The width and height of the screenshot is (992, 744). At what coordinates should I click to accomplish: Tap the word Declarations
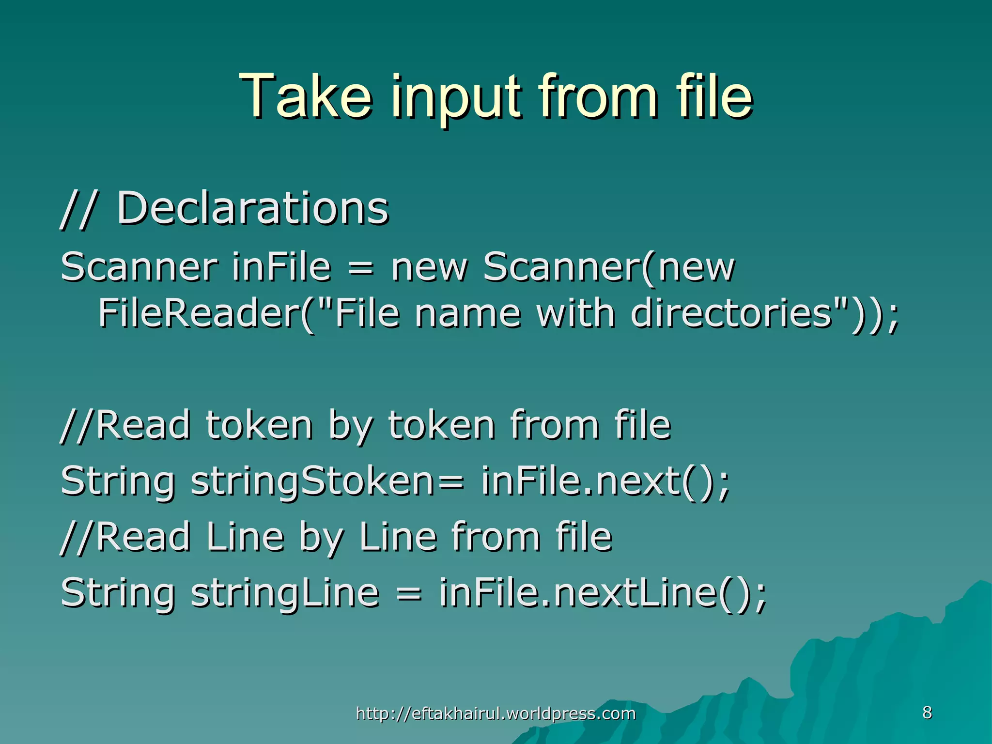pyautogui.click(x=252, y=208)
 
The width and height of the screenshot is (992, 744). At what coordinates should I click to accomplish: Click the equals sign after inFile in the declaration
pyautogui.click(x=361, y=267)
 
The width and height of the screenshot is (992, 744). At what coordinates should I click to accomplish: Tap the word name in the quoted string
pyautogui.click(x=467, y=314)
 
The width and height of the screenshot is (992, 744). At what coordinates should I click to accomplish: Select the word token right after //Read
pyautogui.click(x=259, y=425)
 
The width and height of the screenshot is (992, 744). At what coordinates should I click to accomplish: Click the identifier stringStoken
pyautogui.click(x=312, y=482)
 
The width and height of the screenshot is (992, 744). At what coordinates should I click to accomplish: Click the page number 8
pyautogui.click(x=927, y=713)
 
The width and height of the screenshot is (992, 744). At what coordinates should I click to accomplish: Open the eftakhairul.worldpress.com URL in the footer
pyautogui.click(x=496, y=713)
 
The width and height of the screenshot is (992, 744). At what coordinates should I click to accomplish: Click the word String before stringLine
pyautogui.click(x=117, y=593)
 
